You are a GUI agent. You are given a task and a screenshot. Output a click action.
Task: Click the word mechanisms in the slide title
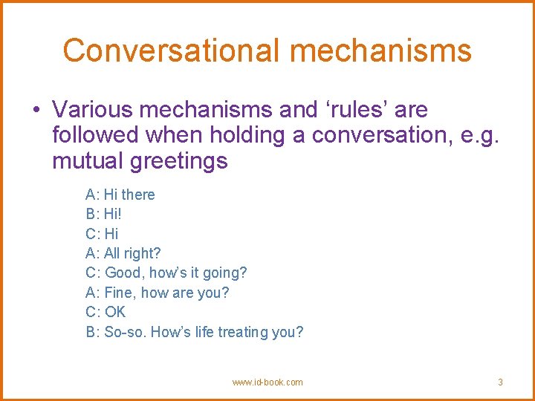tap(380, 50)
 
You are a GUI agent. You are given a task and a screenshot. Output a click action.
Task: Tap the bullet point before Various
tap(36, 110)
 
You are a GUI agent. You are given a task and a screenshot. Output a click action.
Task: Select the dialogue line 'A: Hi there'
tap(120, 195)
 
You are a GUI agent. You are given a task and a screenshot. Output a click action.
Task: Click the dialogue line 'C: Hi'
tap(103, 234)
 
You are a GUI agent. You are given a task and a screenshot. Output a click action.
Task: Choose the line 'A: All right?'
tap(123, 253)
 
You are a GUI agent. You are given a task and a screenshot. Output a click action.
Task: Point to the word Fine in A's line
tap(120, 293)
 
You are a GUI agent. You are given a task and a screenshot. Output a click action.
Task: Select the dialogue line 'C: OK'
tap(106, 312)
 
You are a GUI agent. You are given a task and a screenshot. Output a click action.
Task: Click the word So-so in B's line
tap(125, 332)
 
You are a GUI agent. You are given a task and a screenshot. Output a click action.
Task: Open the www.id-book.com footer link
tap(267, 382)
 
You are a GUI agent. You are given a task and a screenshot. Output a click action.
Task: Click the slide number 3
tap(500, 382)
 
